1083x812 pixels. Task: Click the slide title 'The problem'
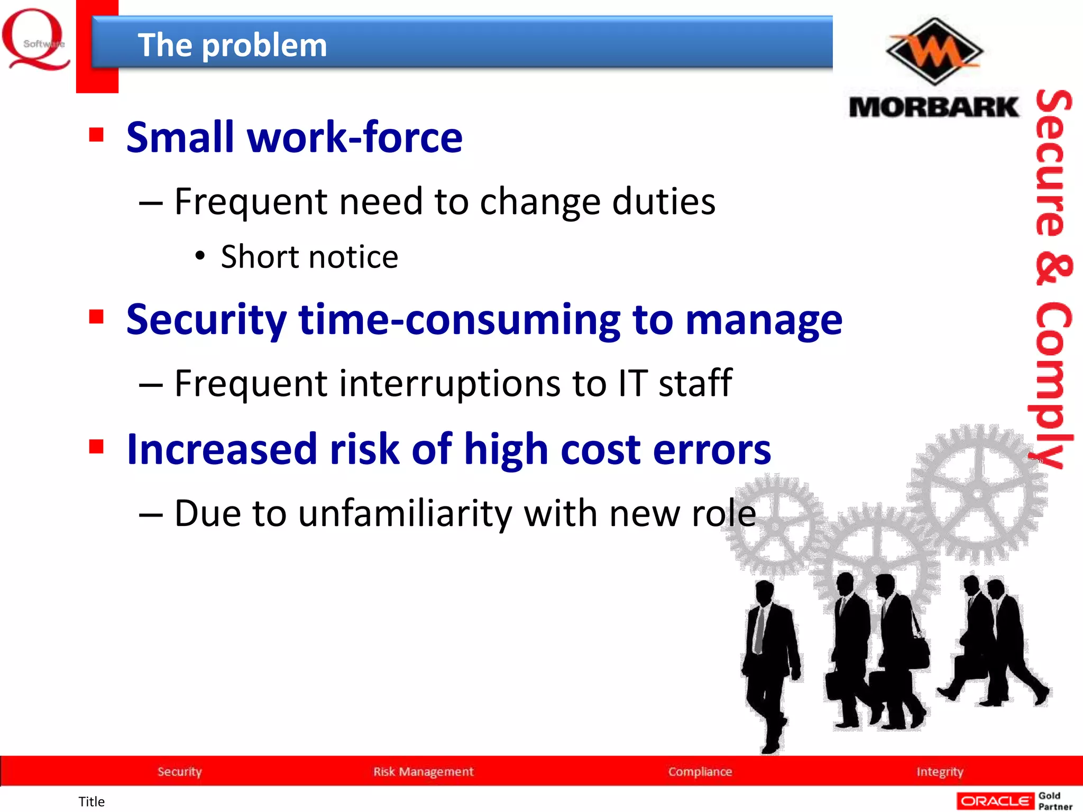pos(232,45)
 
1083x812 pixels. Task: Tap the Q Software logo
pos(36,40)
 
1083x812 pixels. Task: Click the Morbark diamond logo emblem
pos(934,52)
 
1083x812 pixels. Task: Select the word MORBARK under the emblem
pos(933,107)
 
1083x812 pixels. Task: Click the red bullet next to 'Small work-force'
pos(96,135)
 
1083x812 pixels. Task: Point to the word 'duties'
pos(663,202)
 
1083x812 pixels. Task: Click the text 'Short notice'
pos(309,257)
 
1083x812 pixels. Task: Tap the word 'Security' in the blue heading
pos(206,320)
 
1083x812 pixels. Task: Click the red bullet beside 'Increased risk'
pos(96,447)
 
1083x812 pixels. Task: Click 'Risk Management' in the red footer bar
pos(423,771)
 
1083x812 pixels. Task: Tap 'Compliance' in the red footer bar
pos(700,771)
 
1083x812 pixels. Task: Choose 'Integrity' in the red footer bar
pos(940,771)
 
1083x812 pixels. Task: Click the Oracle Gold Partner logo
pos(1014,801)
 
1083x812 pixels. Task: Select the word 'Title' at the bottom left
pos(91,801)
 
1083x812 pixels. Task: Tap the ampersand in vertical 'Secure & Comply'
pos(1053,270)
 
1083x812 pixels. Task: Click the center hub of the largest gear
pos(978,495)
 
